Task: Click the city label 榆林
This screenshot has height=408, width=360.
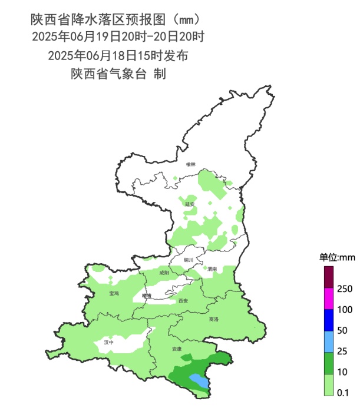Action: (190, 164)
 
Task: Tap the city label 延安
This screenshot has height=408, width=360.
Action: (190, 204)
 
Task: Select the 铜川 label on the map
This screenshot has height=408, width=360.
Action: (189, 260)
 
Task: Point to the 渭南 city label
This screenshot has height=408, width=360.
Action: (212, 268)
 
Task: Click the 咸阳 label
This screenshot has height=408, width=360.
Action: (164, 273)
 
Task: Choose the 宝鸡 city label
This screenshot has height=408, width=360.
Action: (114, 293)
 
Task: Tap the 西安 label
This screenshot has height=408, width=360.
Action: (183, 301)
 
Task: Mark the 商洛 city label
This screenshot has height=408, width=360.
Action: (213, 319)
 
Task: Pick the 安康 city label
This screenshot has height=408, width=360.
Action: (177, 350)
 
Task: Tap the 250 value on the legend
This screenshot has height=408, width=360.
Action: (346, 289)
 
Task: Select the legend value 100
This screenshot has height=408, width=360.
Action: (346, 310)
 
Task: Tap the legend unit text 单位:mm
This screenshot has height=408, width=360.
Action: (337, 258)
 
